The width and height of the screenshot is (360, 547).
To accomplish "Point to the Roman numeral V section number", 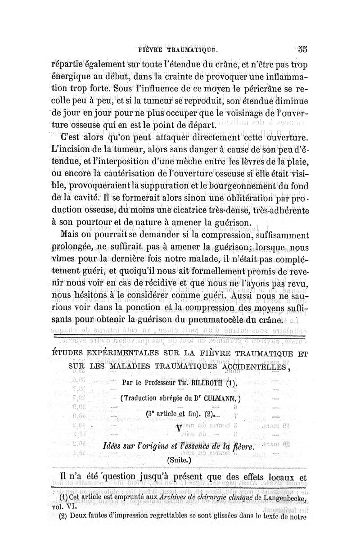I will tap(180, 428).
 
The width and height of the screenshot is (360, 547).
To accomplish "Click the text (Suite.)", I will tap(179, 461).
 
